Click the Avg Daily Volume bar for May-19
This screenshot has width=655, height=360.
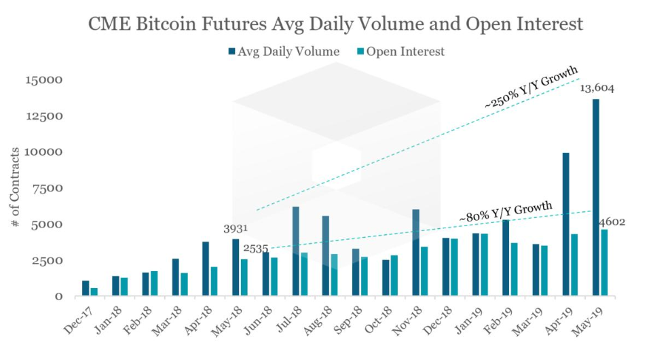[x=596, y=198]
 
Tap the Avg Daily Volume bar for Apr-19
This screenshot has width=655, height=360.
[x=565, y=224]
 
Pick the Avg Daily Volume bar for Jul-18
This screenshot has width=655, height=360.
[x=296, y=251]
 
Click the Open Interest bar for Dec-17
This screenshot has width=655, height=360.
[x=94, y=292]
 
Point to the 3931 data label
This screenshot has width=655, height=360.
[x=236, y=229]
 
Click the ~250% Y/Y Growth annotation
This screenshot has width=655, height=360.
[x=531, y=88]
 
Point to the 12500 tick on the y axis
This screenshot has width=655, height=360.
[x=45, y=116]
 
